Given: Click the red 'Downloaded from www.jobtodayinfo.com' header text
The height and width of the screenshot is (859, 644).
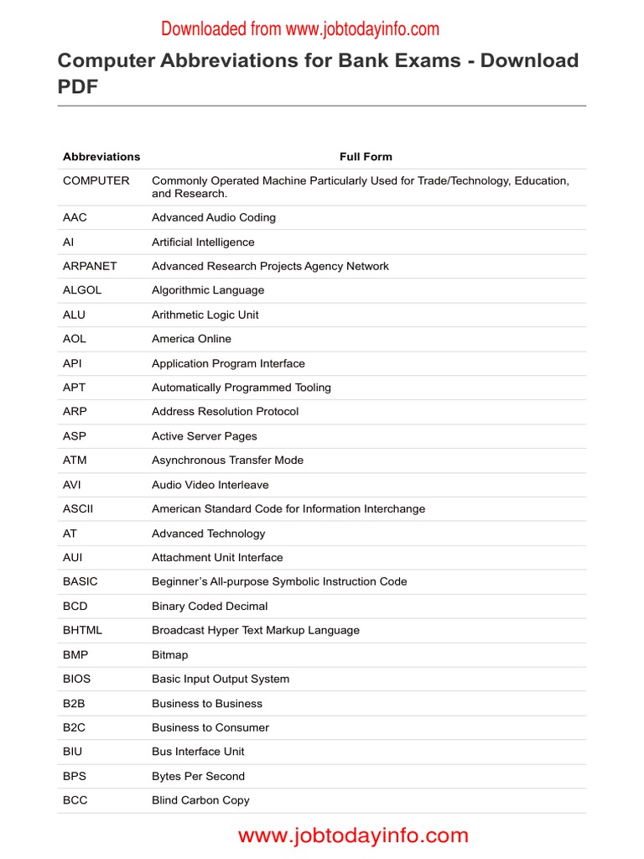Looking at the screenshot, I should [300, 29].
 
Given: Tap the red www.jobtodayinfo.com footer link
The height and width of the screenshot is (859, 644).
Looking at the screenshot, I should [353, 836].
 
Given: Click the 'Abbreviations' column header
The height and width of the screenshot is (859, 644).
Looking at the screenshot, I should [101, 157].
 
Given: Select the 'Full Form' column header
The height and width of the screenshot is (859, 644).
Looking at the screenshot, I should [366, 157].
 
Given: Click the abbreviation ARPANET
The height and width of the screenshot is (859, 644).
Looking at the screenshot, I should [90, 266].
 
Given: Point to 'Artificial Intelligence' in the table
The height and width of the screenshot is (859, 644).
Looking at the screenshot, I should [203, 242].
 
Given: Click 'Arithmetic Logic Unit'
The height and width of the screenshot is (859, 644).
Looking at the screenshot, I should [205, 315].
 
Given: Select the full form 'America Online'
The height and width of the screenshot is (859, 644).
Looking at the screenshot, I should [191, 339].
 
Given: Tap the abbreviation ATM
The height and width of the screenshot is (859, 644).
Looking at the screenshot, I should [75, 461].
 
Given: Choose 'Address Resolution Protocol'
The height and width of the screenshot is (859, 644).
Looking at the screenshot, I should [225, 412].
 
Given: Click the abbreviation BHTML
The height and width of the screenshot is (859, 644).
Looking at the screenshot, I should [82, 630].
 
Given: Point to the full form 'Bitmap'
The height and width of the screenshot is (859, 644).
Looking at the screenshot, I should [170, 654].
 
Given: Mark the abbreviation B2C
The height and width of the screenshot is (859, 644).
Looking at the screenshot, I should [74, 727].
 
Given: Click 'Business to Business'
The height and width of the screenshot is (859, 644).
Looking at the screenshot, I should [207, 703].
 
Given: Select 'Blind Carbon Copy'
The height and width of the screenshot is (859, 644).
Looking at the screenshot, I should [200, 800].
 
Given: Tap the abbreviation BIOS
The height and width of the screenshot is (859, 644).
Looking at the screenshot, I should [76, 679].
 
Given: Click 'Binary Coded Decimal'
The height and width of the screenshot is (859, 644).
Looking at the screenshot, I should [210, 606].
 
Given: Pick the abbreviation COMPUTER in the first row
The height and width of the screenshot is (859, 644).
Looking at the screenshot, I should [96, 180].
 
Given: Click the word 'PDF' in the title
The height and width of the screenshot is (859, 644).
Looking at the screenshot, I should [78, 86].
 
